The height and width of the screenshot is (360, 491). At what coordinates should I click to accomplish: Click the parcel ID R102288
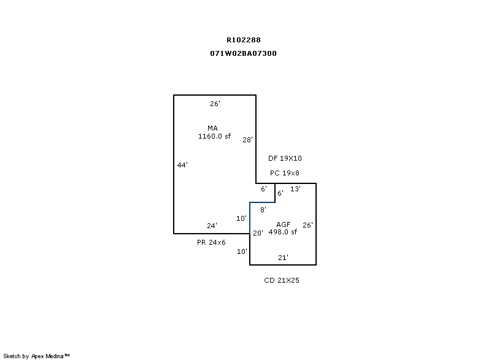(243, 40)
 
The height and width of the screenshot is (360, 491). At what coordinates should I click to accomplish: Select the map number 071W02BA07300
(243, 53)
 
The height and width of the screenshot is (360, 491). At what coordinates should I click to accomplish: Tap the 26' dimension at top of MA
(215, 104)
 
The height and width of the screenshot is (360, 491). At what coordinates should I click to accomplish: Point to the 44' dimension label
(182, 165)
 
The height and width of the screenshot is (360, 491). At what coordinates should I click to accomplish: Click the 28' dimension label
(247, 140)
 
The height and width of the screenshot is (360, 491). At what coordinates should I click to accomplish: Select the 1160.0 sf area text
(214, 136)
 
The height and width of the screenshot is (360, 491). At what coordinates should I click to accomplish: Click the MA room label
(212, 128)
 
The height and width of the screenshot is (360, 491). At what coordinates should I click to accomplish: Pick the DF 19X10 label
(285, 158)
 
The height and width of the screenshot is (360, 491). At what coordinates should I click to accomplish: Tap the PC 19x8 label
(285, 173)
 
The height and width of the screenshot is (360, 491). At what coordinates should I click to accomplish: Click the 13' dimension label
(295, 189)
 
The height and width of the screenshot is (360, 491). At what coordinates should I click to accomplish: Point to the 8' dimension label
(263, 210)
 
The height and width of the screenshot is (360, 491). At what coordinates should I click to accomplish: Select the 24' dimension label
(212, 226)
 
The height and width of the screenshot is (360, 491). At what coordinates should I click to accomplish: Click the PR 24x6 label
(211, 242)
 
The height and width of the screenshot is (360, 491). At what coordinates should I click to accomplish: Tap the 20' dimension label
(258, 233)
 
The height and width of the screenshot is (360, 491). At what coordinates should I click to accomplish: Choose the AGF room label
(283, 224)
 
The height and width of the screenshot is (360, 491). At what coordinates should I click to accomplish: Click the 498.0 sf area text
(282, 232)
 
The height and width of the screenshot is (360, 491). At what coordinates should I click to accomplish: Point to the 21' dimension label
(283, 258)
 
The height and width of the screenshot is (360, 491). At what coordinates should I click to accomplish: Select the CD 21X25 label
(281, 280)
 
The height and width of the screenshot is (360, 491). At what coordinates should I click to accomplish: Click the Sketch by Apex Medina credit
(36, 356)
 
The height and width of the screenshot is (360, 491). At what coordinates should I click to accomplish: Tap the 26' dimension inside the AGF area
(307, 225)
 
